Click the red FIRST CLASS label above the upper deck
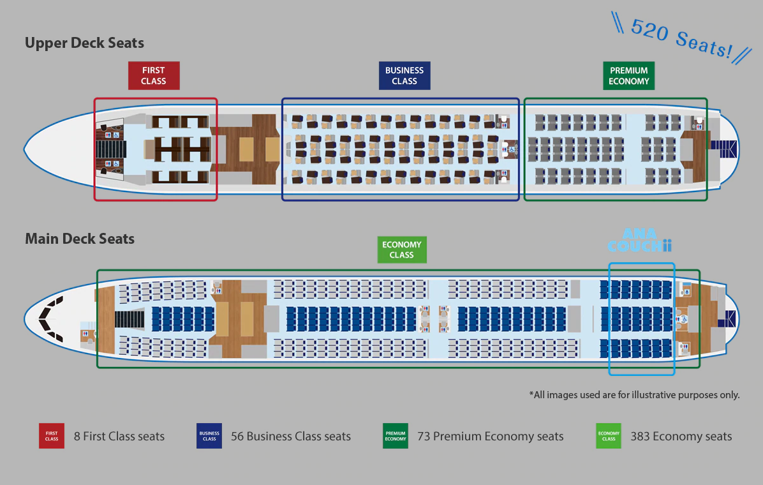154,75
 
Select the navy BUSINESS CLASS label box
404,75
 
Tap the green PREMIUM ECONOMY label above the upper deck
628,75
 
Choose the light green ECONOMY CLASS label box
401,250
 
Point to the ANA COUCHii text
640,241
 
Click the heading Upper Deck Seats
84,43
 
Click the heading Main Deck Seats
80,239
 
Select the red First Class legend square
52,436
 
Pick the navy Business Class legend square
209,436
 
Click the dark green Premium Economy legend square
396,436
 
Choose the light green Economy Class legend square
609,436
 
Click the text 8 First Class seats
119,436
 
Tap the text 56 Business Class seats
291,436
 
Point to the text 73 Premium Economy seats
490,436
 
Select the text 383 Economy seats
681,436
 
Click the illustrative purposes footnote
634,394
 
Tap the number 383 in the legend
641,436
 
